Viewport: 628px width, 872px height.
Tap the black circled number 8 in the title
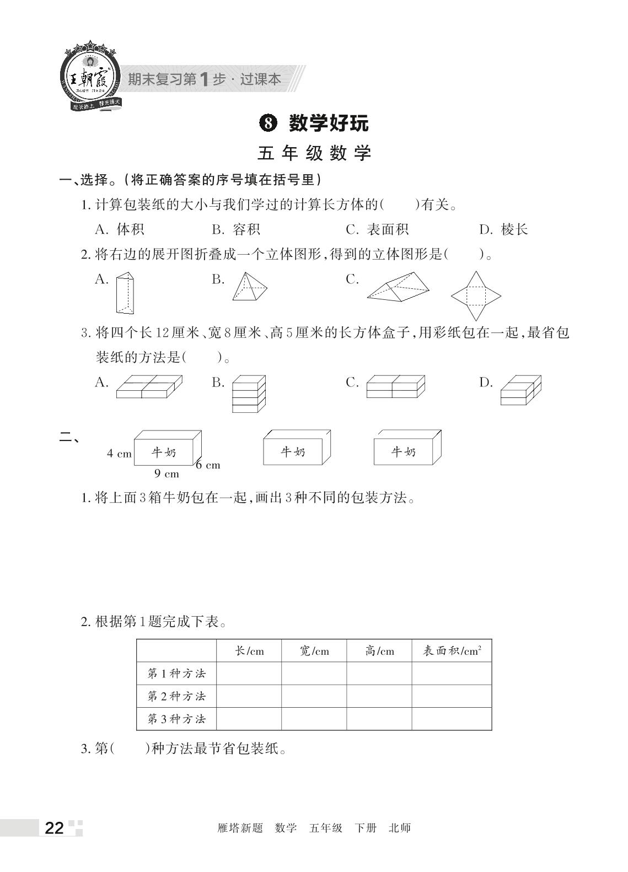pos(267,123)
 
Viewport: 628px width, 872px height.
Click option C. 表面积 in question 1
pos(377,229)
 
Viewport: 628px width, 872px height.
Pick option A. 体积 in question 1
pos(120,229)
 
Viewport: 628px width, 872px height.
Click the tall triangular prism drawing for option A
pos(125,293)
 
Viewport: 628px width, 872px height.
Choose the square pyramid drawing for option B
pos(249,287)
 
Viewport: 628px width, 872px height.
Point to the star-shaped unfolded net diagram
pos(476,296)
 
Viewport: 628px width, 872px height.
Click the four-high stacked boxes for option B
pos(249,394)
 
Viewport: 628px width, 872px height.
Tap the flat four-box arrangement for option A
pos(149,387)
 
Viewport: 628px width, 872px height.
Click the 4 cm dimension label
pos(119,454)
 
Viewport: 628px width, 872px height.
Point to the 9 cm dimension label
pos(167,473)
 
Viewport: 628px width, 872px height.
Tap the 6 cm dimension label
pos(208,465)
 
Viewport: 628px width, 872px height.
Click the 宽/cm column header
pos(314,651)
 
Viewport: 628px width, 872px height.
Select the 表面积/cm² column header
pos(452,651)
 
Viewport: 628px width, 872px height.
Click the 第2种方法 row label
pos(176,696)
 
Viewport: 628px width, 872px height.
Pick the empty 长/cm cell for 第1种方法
pos(249,674)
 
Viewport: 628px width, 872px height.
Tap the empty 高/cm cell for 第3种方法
pos(379,719)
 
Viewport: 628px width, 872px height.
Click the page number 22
pos(54,828)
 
